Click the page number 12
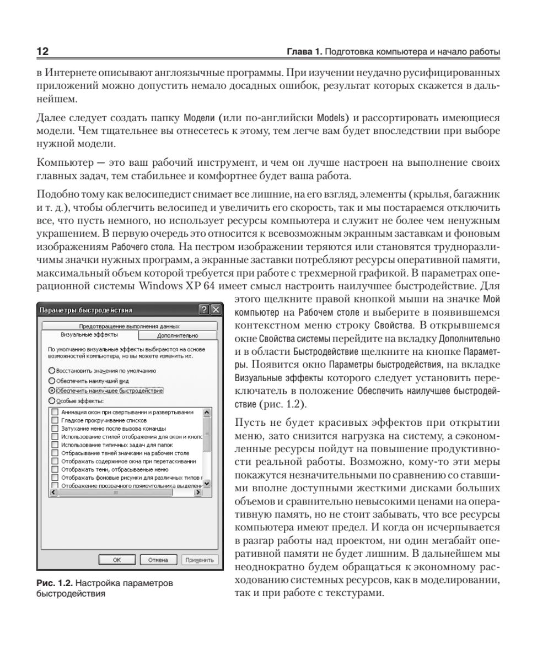click(x=42, y=52)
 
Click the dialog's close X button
click(x=215, y=310)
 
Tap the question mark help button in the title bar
click(x=204, y=310)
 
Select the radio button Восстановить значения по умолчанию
click(x=52, y=371)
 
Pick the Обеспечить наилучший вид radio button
click(x=52, y=381)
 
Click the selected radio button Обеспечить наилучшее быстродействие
click(x=52, y=391)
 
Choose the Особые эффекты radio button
click(x=52, y=400)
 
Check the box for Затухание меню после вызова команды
click(x=54, y=429)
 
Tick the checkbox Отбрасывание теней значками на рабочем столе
click(x=54, y=453)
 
